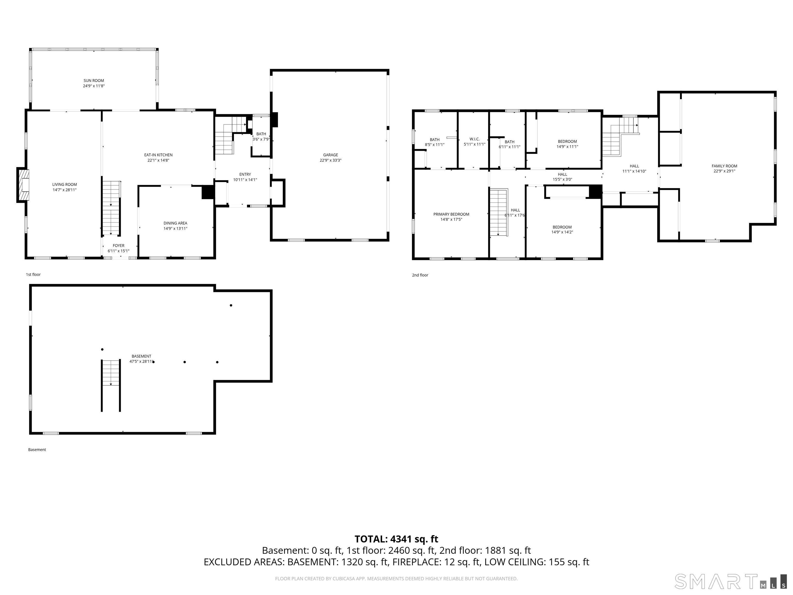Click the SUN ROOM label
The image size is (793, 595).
point(94,81)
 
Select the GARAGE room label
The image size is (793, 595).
point(330,155)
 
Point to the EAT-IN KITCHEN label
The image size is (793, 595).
point(158,155)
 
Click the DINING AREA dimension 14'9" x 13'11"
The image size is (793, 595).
point(176,229)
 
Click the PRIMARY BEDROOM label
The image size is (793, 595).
point(451,214)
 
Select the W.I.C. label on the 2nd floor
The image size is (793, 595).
point(475,139)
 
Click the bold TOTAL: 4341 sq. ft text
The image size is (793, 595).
point(396,539)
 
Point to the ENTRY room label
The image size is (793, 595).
point(245,175)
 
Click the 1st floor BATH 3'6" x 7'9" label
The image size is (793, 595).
point(261,137)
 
